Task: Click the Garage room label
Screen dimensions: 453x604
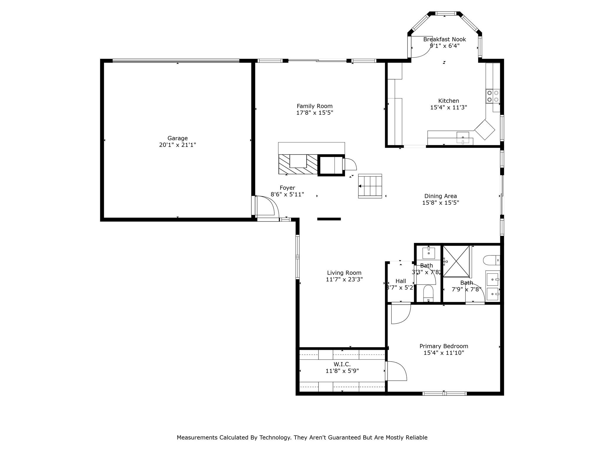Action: (177, 138)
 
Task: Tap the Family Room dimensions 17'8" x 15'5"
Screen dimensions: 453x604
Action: (314, 113)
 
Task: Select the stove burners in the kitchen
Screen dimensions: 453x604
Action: (493, 96)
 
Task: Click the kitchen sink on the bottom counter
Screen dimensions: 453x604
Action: (463, 137)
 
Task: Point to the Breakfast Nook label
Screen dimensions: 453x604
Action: (444, 39)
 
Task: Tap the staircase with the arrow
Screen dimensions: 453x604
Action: (370, 186)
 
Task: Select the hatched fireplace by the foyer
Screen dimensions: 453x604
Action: (298, 164)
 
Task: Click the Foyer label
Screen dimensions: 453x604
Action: (287, 188)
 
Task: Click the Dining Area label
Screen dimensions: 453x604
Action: (440, 196)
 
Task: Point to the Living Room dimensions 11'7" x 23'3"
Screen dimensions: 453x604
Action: (344, 279)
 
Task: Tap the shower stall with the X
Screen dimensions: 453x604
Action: (456, 261)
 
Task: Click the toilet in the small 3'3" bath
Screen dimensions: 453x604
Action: (428, 293)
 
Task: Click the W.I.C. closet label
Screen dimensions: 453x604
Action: (342, 365)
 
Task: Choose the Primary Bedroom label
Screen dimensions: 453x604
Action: (444, 346)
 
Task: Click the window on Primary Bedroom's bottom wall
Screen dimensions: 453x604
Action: (444, 393)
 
